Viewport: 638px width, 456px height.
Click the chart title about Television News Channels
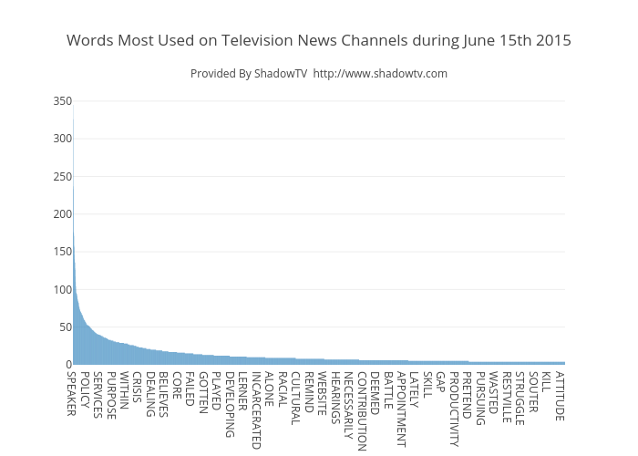coord(319,41)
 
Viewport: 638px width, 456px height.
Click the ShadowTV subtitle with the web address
coord(319,73)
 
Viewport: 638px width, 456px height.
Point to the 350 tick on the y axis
coord(60,101)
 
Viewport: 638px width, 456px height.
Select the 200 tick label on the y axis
coord(60,214)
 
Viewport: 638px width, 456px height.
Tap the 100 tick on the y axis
coord(60,290)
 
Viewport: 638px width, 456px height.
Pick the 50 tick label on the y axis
coord(63,327)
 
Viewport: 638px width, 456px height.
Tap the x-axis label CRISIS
coord(138,388)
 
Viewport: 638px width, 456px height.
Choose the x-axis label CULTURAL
coord(295,399)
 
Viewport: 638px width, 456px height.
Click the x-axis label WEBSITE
coord(322,393)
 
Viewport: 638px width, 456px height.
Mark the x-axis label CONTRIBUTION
coord(362,411)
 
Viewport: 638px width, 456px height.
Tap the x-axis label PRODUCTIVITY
coord(454,409)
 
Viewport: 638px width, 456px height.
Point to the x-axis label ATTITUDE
coord(560,396)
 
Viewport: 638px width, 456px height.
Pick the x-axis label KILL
coord(546,381)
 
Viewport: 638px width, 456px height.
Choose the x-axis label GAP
coord(440,381)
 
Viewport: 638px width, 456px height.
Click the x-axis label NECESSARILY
coord(348,405)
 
